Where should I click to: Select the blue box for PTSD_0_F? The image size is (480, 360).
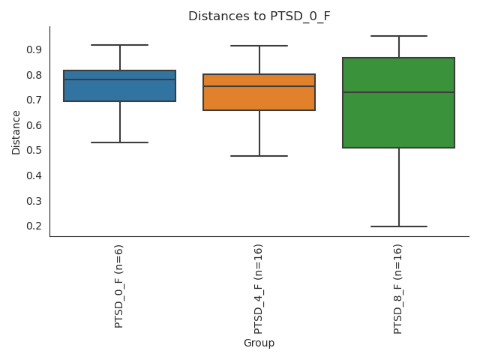120,91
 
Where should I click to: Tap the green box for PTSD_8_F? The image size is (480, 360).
398,120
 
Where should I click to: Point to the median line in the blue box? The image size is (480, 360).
120,79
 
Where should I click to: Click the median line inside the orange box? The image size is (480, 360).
259,86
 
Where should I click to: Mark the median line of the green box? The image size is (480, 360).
398,92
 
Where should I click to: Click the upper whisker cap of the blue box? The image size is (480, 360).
120,45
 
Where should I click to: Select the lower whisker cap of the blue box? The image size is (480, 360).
120,142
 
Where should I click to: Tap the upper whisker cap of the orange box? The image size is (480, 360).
259,46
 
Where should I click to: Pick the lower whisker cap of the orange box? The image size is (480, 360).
259,156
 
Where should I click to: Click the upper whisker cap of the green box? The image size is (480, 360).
398,36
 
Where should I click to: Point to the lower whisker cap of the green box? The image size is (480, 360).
398,226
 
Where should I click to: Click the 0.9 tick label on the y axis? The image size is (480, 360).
33,49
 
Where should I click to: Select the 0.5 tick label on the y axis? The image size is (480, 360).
33,150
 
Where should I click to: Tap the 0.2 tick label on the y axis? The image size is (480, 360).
33,226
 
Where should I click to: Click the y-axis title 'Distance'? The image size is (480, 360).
16,132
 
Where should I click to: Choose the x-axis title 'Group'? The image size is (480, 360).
259,343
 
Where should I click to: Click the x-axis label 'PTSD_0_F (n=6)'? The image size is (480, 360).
119,286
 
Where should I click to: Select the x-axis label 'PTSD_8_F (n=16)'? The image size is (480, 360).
398,289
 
